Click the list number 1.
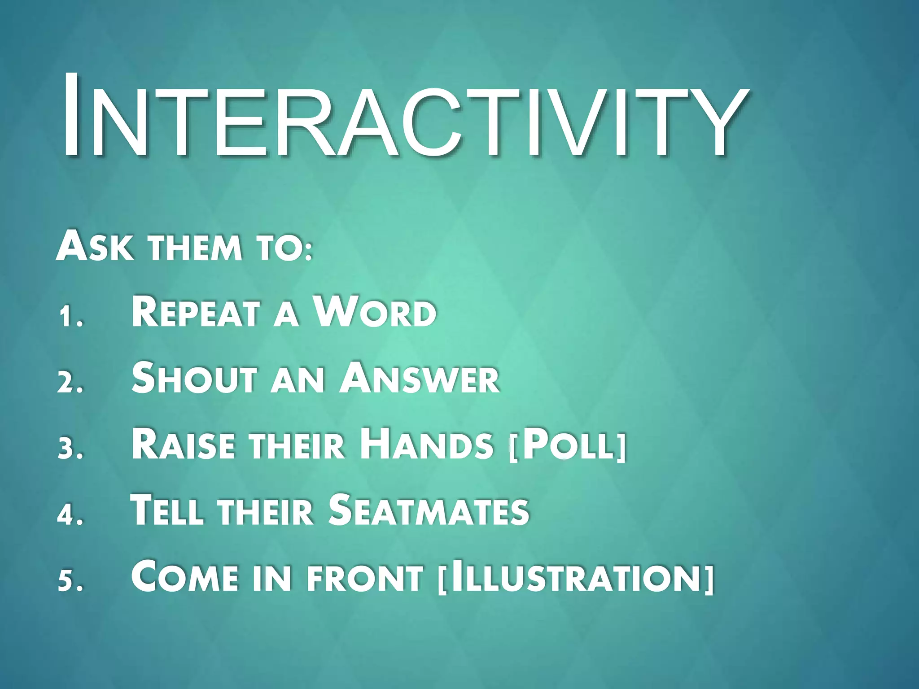click(71, 317)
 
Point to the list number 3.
click(71, 449)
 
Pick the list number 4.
click(70, 515)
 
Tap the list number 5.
click(71, 581)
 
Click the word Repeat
click(196, 312)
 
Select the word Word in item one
click(375, 312)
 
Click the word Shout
click(194, 378)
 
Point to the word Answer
click(420, 378)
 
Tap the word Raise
click(183, 444)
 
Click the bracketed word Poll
click(568, 445)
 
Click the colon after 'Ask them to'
click(306, 252)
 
